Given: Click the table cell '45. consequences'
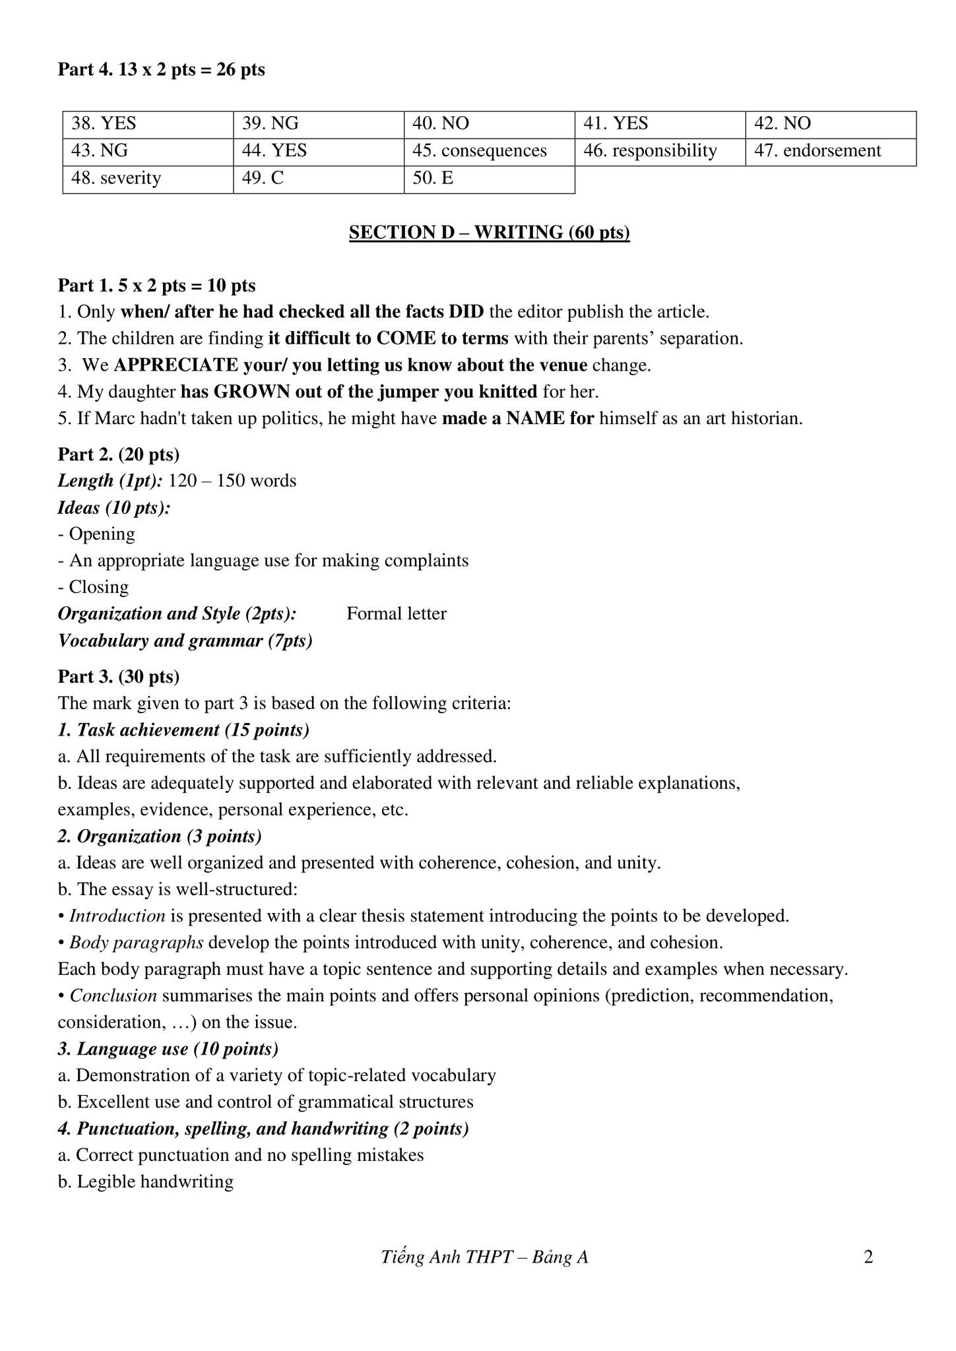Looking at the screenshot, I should (488, 151).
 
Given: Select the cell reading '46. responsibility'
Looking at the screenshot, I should (659, 151).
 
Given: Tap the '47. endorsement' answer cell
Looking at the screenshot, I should (830, 151).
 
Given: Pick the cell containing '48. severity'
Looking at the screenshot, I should (148, 179).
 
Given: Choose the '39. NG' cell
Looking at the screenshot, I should (318, 124).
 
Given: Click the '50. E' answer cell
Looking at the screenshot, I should (488, 179).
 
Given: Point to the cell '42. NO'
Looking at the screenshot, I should (830, 124).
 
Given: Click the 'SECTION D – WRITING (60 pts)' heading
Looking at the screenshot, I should (489, 232).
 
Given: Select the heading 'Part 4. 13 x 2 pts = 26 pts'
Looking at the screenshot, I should (162, 69).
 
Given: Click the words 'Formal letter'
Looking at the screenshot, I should (397, 613).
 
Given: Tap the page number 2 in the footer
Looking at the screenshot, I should (868, 1257).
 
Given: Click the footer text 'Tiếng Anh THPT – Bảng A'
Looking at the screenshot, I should (484, 1257).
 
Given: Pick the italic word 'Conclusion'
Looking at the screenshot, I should (113, 995).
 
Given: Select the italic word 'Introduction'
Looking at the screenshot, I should (117, 916).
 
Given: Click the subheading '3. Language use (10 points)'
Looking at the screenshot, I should (168, 1048).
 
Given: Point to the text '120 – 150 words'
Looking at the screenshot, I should (232, 480).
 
